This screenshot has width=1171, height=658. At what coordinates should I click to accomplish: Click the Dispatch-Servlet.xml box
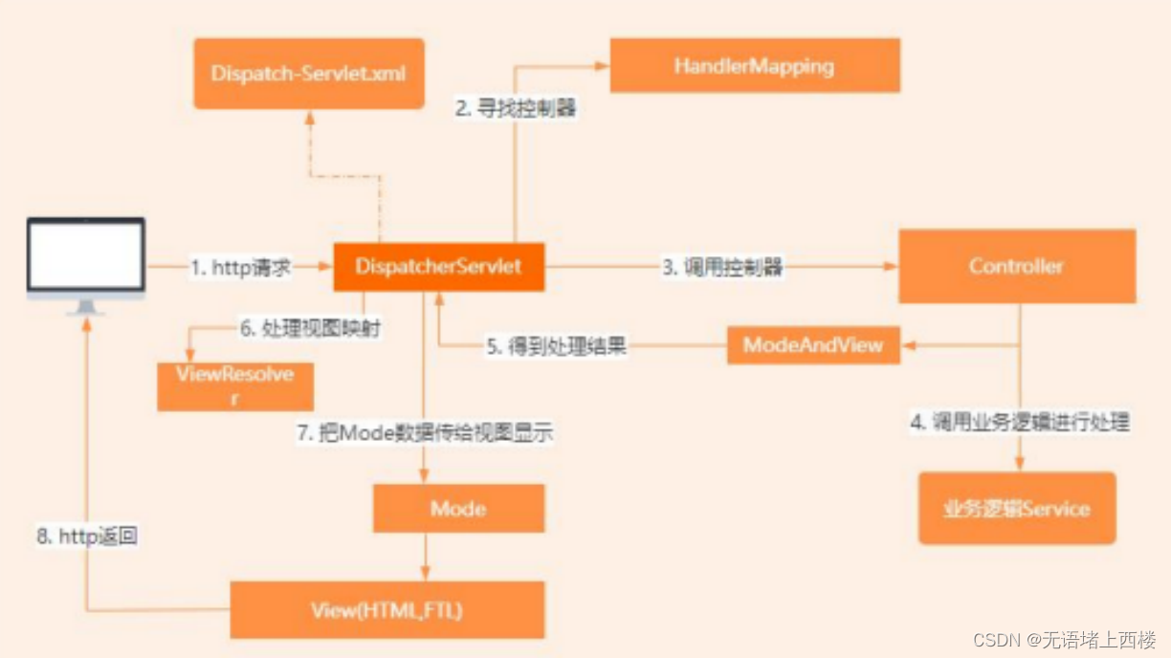[308, 73]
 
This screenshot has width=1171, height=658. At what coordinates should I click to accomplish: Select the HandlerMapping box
[754, 66]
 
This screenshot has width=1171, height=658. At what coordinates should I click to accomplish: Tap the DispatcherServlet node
[438, 267]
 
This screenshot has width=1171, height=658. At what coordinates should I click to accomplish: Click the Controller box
[1016, 266]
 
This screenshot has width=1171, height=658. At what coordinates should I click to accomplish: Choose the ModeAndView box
[813, 345]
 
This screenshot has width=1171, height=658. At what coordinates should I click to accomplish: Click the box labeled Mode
[458, 508]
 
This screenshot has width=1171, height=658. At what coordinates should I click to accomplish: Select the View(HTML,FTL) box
[387, 609]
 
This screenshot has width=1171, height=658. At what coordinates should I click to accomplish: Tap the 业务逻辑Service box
[1017, 508]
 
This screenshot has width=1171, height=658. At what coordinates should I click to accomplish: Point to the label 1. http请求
[240, 268]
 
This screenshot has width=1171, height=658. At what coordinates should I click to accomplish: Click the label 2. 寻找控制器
[516, 108]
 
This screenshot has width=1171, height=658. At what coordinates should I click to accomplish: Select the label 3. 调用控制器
[723, 268]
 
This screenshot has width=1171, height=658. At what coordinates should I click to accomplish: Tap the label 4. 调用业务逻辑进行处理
[1019, 423]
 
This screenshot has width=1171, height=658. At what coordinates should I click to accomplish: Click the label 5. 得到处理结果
[556, 347]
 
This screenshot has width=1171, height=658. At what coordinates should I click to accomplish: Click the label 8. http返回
[87, 537]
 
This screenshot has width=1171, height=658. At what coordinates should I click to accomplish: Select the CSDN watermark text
[1064, 639]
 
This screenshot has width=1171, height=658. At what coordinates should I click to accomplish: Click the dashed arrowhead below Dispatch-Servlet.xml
[309, 116]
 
